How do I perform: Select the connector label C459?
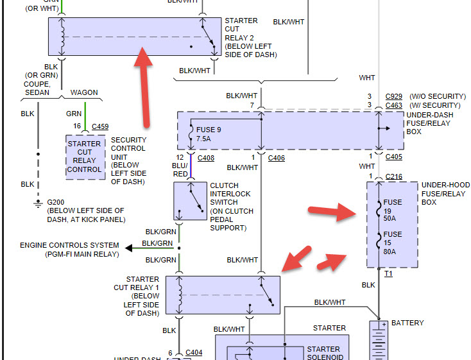pos(100,127)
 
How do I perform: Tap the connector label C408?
pos(206,157)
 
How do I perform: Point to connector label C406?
pos(276,157)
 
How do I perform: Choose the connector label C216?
pos(394,176)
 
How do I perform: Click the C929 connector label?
pos(394,96)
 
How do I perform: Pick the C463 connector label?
pos(394,105)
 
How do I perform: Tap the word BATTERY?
pos(407,323)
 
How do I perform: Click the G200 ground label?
pos(56,202)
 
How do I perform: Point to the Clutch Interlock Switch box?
pos(191,201)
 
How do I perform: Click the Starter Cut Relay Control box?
pos(85,157)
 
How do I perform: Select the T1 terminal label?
pos(389,273)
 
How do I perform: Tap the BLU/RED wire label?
pos(180,170)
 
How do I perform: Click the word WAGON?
pos(83,92)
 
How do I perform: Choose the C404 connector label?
pos(194,353)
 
